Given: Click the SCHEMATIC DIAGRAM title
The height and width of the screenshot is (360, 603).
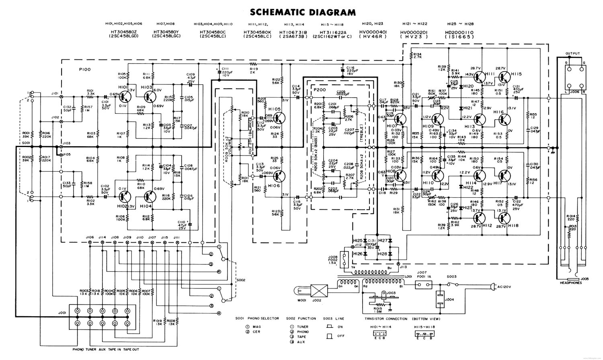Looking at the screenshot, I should (303, 12).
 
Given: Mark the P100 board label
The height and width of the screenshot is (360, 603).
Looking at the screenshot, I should (85, 70).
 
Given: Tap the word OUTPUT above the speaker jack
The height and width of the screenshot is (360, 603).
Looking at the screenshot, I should (572, 53).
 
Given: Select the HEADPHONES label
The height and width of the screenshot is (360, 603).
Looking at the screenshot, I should (570, 282).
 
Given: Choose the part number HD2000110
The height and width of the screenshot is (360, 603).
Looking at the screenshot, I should (459, 32).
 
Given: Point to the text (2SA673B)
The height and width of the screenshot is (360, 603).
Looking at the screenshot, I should (293, 36).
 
